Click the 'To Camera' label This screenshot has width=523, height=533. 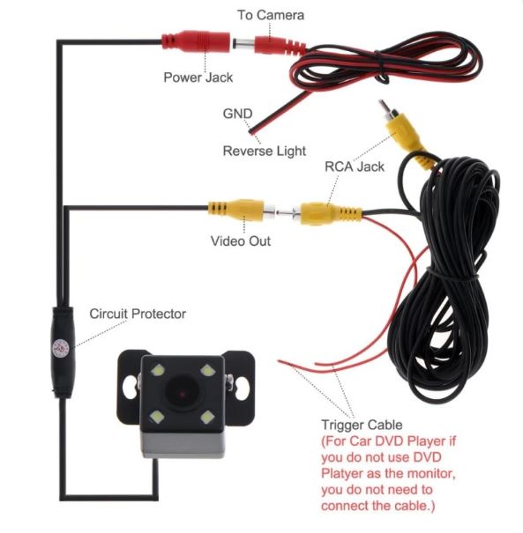[271, 15]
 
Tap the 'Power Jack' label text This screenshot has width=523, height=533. [198, 78]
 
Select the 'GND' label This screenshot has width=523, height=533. [237, 114]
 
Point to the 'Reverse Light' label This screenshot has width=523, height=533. [265, 151]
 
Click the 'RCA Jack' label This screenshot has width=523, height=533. [355, 167]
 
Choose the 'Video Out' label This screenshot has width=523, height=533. [241, 241]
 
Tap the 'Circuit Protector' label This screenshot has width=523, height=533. [138, 314]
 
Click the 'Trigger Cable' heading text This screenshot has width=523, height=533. [362, 425]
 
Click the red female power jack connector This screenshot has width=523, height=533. [196, 41]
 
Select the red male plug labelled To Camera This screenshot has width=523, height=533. [280, 45]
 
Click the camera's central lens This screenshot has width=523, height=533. [182, 393]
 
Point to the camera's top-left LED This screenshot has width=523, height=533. [158, 370]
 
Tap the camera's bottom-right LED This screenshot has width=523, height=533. [207, 417]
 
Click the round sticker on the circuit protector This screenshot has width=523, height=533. [61, 349]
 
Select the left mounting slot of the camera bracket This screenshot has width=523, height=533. [130, 388]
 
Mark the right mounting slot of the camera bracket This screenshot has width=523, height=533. [243, 388]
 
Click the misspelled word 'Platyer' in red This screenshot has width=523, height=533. [342, 474]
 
